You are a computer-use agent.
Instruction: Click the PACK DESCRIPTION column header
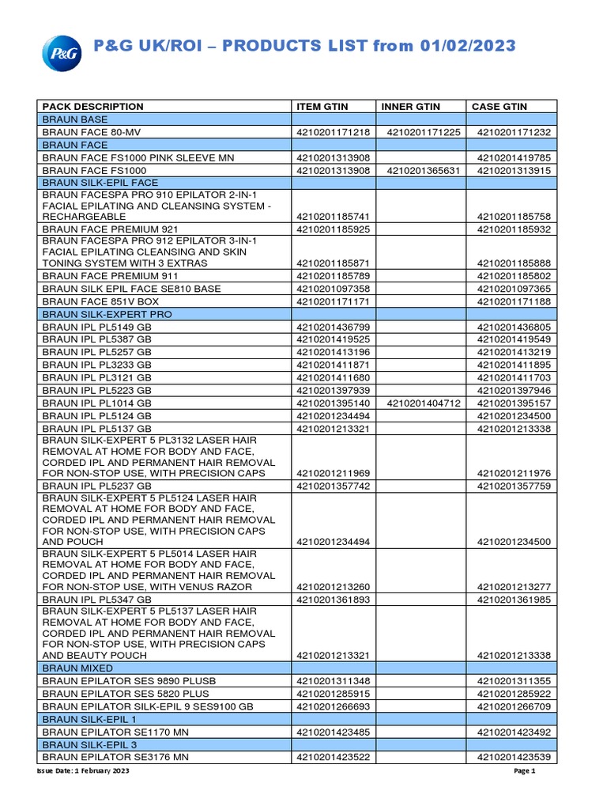pyautogui.click(x=93, y=107)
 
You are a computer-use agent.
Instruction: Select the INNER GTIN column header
pyautogui.click(x=411, y=107)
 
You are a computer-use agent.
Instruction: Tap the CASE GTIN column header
pyautogui.click(x=500, y=107)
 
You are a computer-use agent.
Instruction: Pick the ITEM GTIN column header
pyautogui.click(x=322, y=107)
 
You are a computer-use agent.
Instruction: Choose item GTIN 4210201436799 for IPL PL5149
pyautogui.click(x=334, y=327)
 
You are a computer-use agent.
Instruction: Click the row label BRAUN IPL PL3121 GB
pyautogui.click(x=96, y=378)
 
